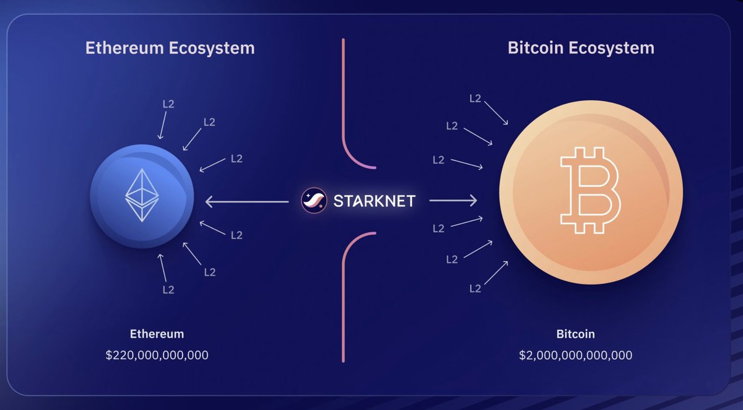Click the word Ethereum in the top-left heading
(124, 48)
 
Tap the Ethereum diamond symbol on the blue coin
(142, 195)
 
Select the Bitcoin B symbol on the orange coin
(591, 190)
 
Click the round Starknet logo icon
(314, 201)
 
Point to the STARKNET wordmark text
(374, 201)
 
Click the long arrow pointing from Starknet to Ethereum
(247, 202)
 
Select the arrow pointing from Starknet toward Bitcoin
(453, 201)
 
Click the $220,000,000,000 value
(157, 355)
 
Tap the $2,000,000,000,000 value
(575, 355)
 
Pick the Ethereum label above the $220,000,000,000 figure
(157, 334)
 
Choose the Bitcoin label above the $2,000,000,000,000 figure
(575, 334)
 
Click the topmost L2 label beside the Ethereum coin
(168, 104)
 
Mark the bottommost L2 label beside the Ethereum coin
(168, 290)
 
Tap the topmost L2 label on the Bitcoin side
(476, 98)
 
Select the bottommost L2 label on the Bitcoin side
(476, 289)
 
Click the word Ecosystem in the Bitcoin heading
(612, 48)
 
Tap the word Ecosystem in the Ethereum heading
(212, 49)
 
